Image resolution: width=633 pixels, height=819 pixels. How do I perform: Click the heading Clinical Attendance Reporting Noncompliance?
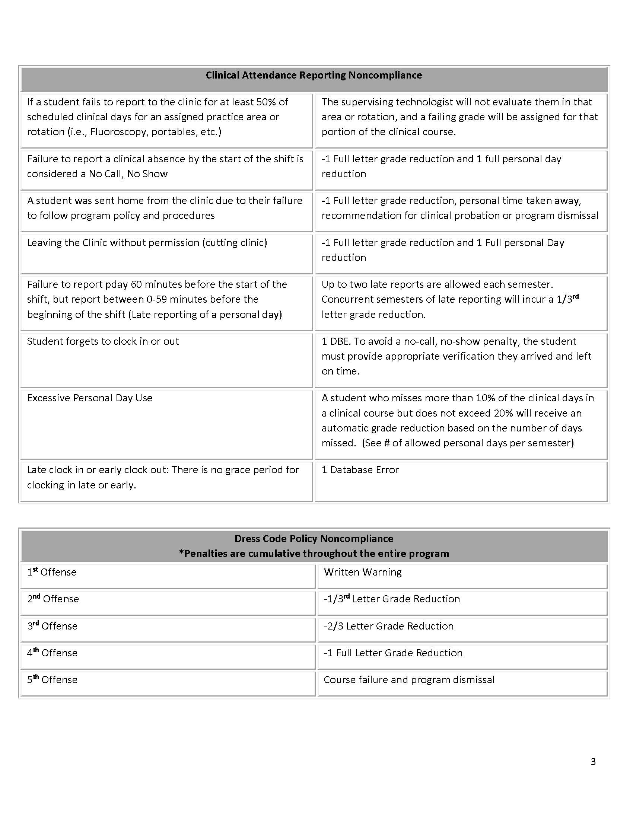coord(314,75)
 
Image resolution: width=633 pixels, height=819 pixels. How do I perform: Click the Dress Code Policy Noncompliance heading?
coord(314,539)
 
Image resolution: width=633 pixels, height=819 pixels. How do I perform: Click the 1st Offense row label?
coord(52,572)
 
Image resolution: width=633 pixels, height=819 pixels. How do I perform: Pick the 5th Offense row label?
coord(52,680)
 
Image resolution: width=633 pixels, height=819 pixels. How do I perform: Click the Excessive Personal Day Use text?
coord(90,398)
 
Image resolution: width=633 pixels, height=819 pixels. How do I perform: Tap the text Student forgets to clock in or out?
coord(103,341)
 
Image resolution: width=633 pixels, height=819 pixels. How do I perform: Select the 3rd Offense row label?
coord(52,626)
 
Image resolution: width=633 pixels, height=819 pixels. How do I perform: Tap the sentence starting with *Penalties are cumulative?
coord(314,554)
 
